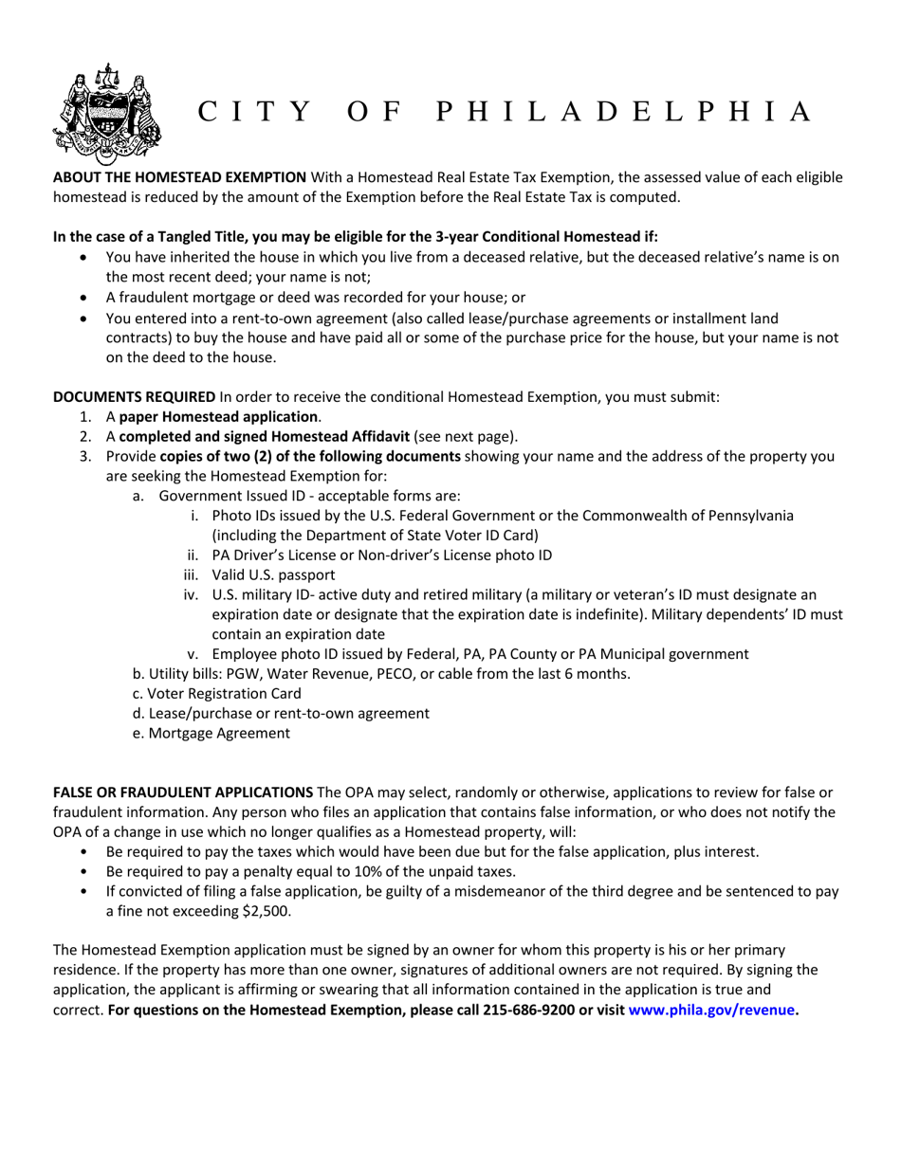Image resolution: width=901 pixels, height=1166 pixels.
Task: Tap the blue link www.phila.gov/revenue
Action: [x=711, y=1010]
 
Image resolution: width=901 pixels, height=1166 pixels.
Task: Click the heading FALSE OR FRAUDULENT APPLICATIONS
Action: [x=183, y=792]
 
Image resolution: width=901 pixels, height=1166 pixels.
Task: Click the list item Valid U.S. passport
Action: [x=273, y=574]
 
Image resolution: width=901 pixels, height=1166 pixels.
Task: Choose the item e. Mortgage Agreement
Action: [x=211, y=733]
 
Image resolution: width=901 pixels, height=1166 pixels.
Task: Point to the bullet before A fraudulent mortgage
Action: [x=87, y=297]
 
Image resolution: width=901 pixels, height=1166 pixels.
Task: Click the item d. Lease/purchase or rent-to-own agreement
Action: [x=281, y=713]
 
